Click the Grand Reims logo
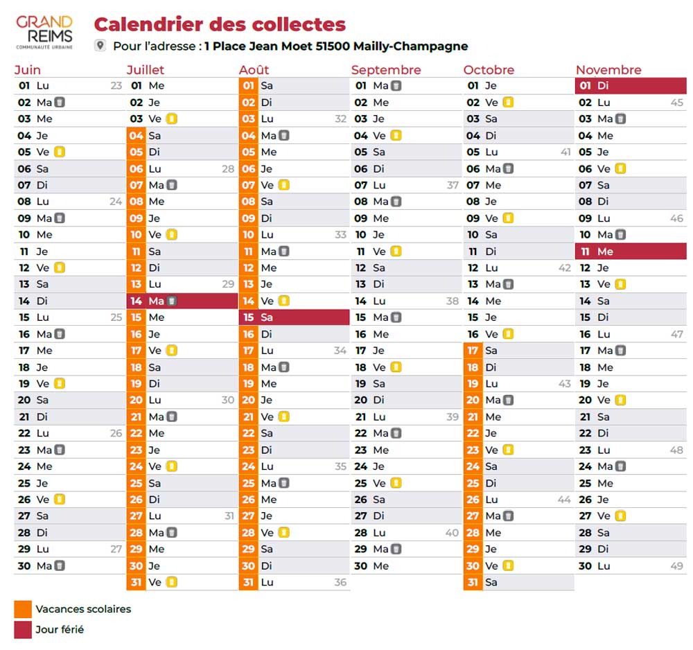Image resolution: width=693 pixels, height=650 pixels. click(44, 33)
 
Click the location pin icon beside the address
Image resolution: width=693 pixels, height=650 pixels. click(100, 46)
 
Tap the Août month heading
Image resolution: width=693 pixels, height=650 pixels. click(254, 70)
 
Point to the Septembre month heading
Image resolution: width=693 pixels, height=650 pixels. click(386, 70)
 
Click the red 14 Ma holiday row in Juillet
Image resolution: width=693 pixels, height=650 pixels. click(182, 301)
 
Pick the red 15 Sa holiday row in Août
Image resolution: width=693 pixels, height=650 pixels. click(295, 317)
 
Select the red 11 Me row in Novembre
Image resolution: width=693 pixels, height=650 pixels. click(631, 252)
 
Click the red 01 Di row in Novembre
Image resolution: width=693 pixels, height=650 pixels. click(631, 86)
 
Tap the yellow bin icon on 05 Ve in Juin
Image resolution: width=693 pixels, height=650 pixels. click(59, 152)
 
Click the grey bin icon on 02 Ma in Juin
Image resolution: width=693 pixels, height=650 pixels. click(60, 103)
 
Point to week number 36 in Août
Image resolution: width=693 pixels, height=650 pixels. click(340, 582)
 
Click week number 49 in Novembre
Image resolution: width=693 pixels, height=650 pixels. click(676, 566)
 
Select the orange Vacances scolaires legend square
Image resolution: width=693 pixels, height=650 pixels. click(23, 609)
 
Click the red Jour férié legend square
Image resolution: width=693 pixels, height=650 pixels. click(23, 630)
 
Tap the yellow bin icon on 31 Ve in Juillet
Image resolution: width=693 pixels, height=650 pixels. click(171, 582)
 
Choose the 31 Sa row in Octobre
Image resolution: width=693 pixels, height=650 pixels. click(519, 582)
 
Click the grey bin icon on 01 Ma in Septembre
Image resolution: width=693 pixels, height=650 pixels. click(396, 86)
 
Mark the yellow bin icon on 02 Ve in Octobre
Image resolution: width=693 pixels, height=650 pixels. click(508, 103)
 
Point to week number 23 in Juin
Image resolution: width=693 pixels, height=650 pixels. click(116, 86)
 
